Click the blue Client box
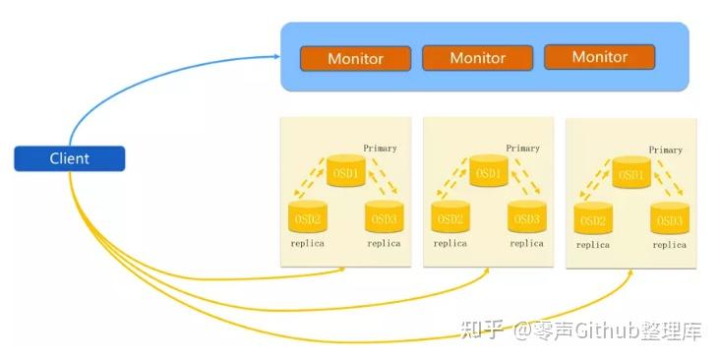(x=69, y=158)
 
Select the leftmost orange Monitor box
(x=355, y=58)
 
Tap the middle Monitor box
(x=477, y=58)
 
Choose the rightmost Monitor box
(x=599, y=57)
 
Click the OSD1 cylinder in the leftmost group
(x=345, y=172)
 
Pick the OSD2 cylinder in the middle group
(x=449, y=217)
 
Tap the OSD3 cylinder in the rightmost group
(x=670, y=218)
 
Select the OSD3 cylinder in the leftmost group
(x=384, y=217)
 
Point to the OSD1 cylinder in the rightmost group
(x=631, y=174)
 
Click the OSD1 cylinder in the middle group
(x=488, y=172)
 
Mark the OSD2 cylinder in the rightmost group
(x=593, y=218)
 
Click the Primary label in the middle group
(x=522, y=149)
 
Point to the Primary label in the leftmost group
(x=380, y=149)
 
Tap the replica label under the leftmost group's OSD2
(x=307, y=243)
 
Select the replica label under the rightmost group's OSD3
(x=669, y=245)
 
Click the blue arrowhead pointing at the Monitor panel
(x=276, y=56)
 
